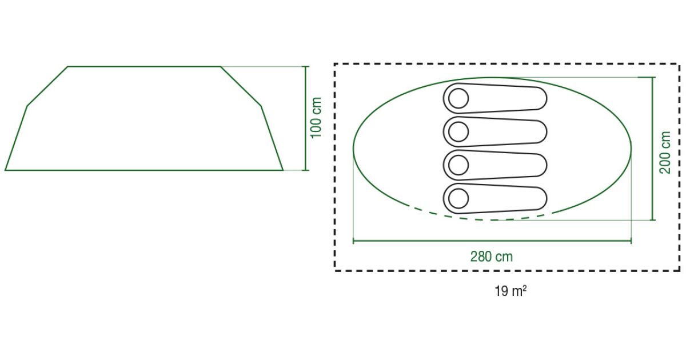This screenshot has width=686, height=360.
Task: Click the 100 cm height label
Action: tap(316, 118)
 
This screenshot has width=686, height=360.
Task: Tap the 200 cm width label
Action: tap(665, 153)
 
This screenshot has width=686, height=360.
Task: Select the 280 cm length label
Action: tap(491, 257)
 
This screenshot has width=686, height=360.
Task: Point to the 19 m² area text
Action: tap(510, 291)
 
